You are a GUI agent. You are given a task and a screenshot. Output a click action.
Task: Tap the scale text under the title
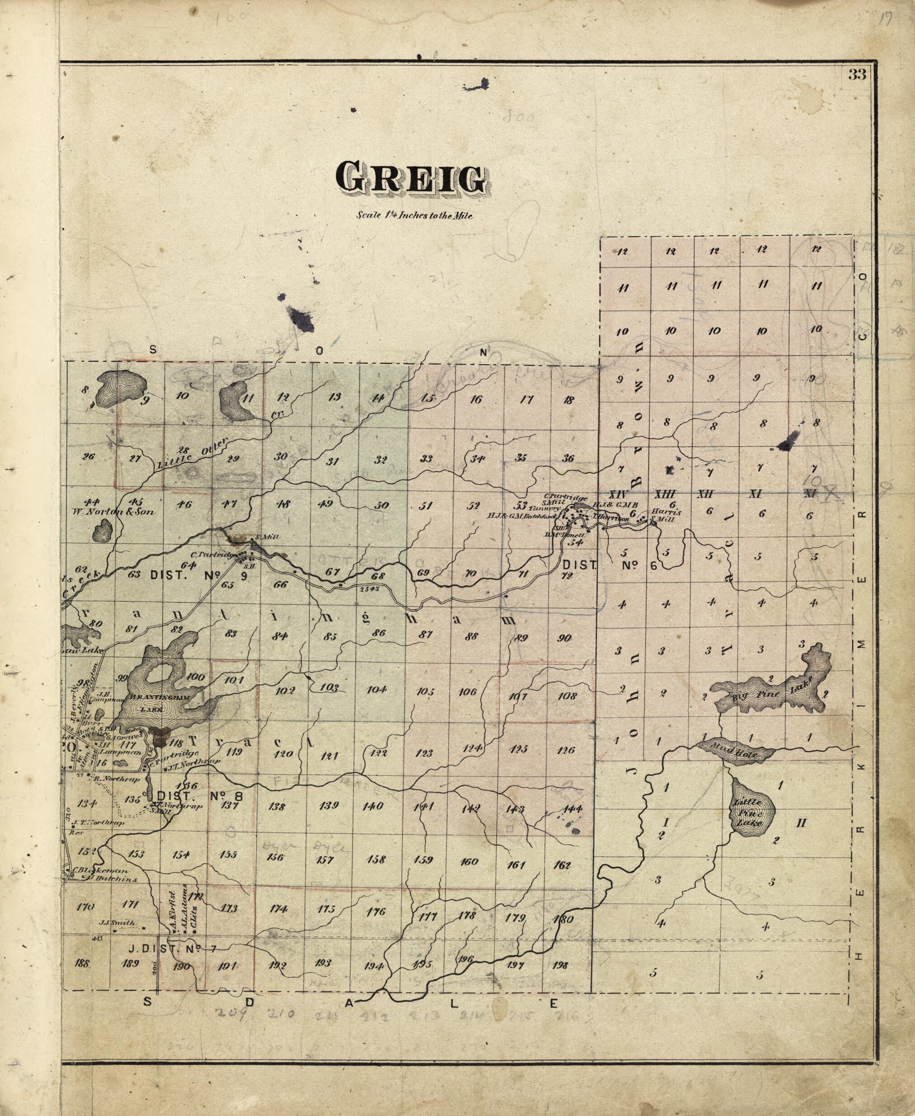(415, 215)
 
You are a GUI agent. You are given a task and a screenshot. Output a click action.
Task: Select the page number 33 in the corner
(858, 74)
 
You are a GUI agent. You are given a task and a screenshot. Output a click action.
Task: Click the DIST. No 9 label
(199, 575)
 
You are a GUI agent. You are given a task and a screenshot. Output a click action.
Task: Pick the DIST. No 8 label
(200, 795)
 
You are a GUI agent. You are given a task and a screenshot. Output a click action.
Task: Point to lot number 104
(376, 689)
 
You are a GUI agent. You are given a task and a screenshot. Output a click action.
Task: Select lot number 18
(568, 400)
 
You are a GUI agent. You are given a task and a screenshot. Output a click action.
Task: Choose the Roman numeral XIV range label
(617, 495)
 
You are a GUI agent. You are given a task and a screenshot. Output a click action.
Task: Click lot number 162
(563, 865)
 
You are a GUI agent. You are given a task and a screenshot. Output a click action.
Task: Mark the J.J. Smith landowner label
(117, 923)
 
